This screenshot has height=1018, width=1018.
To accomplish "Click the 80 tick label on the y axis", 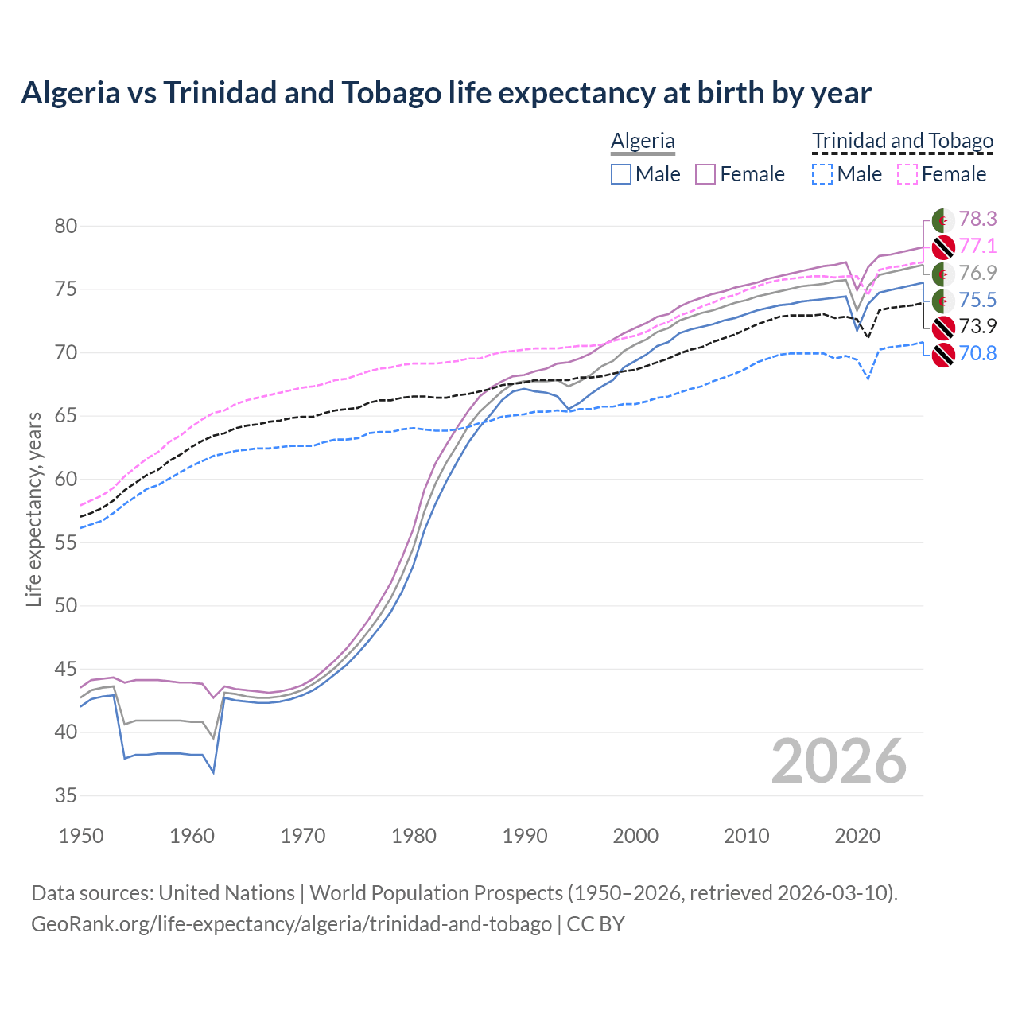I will coord(65,226).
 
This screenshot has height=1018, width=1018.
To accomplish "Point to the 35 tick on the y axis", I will coord(65,795).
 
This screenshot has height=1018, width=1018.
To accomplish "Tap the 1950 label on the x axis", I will coord(81,836).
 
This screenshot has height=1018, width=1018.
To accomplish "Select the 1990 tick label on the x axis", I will coord(525,836).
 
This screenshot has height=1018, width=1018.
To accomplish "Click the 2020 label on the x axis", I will coord(857,836).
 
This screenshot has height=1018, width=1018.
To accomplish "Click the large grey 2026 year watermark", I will coord(839,762).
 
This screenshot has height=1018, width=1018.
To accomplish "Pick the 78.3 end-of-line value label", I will coord(977,219).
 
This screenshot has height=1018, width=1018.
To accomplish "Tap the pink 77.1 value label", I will coord(977,246).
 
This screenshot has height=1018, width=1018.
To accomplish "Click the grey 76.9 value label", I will coord(977,273).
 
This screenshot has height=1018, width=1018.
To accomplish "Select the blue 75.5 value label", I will coord(977,300).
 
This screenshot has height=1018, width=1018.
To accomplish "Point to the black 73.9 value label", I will coord(977,326).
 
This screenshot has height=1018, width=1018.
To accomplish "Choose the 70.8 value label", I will coord(977,353).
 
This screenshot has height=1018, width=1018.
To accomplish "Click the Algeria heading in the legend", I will coord(643,142).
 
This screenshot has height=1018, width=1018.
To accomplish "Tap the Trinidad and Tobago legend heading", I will coord(903,142).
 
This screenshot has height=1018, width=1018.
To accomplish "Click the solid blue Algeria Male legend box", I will coord(621,174).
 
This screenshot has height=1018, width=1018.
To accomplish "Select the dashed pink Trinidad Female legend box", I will coord(907,174).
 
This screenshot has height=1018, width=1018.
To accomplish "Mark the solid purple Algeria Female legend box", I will coord(705,174).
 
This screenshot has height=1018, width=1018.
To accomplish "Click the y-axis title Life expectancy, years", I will coord(33,509).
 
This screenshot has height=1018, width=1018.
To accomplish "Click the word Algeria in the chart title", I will coord(70,93).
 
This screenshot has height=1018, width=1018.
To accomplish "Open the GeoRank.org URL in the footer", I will coord(291,924).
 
